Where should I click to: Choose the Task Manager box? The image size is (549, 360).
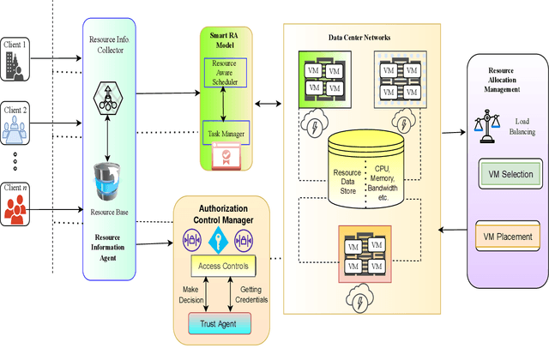[225, 133]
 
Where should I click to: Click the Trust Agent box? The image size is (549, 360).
[219, 323]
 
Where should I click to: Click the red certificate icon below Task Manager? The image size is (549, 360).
[226, 155]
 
